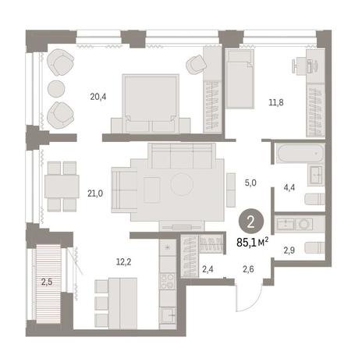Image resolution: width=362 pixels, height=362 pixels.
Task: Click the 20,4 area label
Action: tap(98, 97)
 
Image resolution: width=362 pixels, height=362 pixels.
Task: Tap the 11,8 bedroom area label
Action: tap(276, 102)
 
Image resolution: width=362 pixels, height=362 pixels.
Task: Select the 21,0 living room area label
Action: tap(95, 193)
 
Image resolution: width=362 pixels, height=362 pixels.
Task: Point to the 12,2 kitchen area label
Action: tap(123, 262)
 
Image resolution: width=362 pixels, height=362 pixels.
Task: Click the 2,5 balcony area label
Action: tap(47, 282)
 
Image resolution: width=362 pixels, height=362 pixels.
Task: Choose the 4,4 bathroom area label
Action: tap(289, 187)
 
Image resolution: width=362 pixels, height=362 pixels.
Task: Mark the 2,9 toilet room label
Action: tap(289, 250)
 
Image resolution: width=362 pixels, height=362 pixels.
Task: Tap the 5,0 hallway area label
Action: tap(250, 183)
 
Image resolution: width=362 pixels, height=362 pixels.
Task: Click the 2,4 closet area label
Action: tap(208, 269)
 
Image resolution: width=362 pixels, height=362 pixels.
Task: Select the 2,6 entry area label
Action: tap(248, 269)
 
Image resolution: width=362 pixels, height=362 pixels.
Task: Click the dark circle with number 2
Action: tap(251, 222)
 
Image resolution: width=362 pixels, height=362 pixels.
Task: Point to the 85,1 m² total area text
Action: tap(252, 243)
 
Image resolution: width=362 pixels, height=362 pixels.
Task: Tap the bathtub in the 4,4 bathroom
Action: tap(300, 154)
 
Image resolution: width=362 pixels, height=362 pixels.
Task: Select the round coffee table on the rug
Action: tap(182, 184)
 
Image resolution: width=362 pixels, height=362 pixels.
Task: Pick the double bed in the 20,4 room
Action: tap(151, 104)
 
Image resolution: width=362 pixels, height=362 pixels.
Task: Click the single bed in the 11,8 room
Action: tap(240, 79)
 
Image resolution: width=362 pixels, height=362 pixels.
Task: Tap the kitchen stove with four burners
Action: tap(168, 281)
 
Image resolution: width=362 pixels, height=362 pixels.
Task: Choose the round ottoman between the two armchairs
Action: tap(56, 88)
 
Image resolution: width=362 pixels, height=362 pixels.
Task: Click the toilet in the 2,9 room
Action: tap(314, 247)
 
